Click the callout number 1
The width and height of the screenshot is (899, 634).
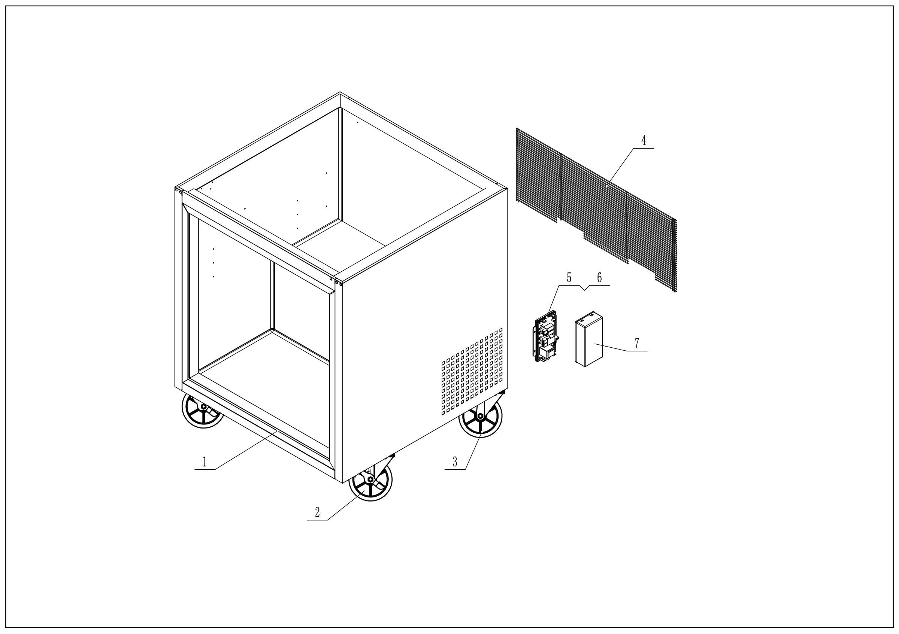pyautogui.click(x=205, y=462)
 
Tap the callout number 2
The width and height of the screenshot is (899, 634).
pyautogui.click(x=317, y=512)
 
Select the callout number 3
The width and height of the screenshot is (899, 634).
pyautogui.click(x=455, y=462)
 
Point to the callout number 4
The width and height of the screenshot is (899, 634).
pyautogui.click(x=643, y=141)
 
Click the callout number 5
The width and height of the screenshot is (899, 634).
pyautogui.click(x=569, y=278)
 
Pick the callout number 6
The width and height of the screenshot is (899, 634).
pyautogui.click(x=599, y=278)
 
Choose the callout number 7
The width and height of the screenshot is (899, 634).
pyautogui.click(x=637, y=343)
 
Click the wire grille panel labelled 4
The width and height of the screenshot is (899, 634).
pyautogui.click(x=595, y=207)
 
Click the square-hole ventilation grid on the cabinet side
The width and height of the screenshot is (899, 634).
pyautogui.click(x=472, y=372)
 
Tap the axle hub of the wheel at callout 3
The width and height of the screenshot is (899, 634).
pyautogui.click(x=481, y=416)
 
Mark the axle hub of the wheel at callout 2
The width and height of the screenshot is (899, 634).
pyautogui.click(x=370, y=479)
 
